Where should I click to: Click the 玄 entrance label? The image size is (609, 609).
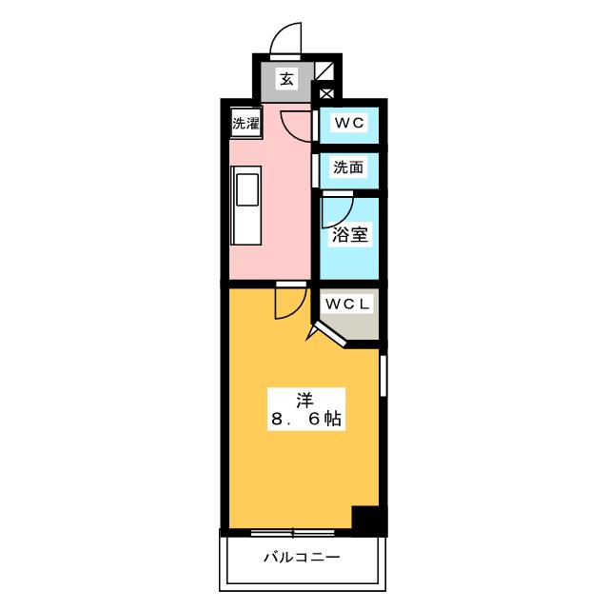click(x=286, y=80)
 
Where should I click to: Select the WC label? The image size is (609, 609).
click(x=347, y=123)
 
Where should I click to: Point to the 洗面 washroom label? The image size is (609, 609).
click(x=347, y=167)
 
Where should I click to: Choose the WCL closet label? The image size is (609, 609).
click(x=349, y=304)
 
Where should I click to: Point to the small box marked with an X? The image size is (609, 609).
click(x=325, y=93)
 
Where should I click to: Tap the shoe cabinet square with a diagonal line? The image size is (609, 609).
click(x=325, y=70)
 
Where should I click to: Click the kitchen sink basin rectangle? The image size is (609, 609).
click(x=247, y=187)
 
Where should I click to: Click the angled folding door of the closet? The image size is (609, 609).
click(x=328, y=332)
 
